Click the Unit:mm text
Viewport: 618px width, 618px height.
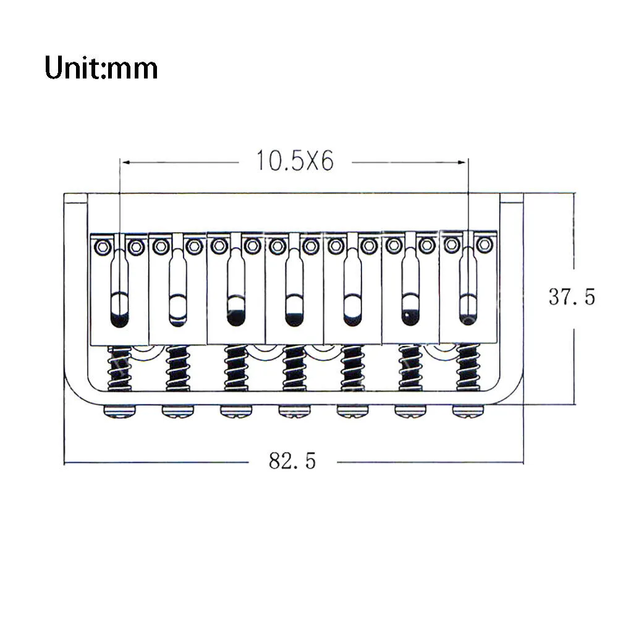101,67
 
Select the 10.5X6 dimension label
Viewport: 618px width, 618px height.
295,161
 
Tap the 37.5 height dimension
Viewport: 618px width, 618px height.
572,297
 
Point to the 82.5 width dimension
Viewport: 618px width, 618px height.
292,460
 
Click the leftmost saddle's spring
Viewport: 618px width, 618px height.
119,368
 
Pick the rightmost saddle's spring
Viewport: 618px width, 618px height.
468,367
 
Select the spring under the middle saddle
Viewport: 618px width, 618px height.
294,368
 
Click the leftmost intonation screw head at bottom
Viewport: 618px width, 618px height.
119,412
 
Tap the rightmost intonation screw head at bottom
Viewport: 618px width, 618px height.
468,412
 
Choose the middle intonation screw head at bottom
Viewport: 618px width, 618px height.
294,412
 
